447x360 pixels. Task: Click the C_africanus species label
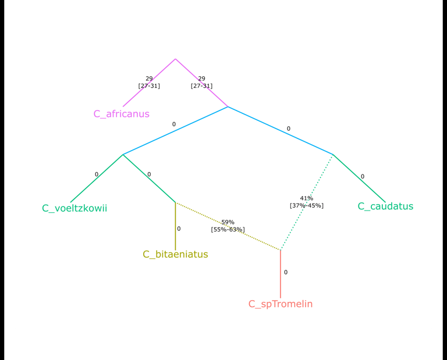[121, 114]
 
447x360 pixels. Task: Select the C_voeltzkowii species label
[74, 208]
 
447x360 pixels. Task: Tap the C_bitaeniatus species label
[175, 254]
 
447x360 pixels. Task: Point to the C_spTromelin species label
[281, 304]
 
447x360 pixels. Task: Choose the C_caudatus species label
[385, 206]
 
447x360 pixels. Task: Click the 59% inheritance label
[228, 222]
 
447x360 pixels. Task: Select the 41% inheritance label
[307, 198]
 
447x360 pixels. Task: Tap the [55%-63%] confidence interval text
[228, 230]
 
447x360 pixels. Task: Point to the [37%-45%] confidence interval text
[307, 205]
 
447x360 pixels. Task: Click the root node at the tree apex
[175, 59]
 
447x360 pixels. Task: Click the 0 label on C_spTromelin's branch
[285, 272]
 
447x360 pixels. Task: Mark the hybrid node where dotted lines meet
[281, 250]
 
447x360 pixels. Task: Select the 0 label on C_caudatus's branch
[362, 176]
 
